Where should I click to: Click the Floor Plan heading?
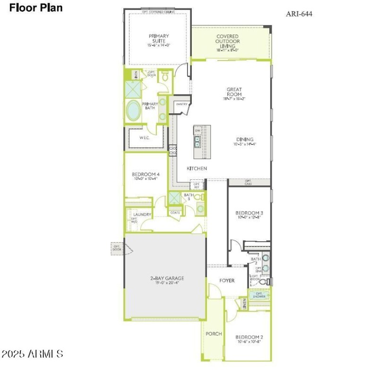click(35, 8)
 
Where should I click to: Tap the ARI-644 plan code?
click(299, 14)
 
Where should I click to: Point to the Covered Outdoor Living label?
click(227, 42)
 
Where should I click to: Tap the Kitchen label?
click(197, 169)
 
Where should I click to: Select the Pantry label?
click(182, 104)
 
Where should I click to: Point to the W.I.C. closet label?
click(145, 138)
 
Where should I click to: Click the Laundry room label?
click(142, 215)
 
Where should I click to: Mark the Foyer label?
click(227, 280)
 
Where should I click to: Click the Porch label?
click(214, 334)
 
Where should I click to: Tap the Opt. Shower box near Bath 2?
click(259, 295)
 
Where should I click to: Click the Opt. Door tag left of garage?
click(116, 248)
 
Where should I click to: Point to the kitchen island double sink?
click(198, 142)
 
